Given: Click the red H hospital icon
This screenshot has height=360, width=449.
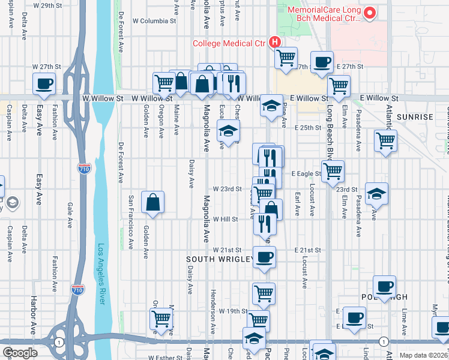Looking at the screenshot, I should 275,42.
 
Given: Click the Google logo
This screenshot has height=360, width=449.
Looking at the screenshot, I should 19,353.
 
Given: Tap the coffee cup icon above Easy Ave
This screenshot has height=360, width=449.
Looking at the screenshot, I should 44,84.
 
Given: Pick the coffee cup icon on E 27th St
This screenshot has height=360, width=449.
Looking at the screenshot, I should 322,62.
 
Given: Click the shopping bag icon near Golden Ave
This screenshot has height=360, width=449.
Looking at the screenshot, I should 153,202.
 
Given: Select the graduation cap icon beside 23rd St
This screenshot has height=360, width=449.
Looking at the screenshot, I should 376,193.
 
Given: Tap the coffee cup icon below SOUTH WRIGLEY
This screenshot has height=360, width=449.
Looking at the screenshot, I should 264,258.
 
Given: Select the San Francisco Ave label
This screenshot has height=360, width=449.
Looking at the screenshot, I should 131,222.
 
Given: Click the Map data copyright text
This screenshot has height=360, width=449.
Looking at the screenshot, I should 424,355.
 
